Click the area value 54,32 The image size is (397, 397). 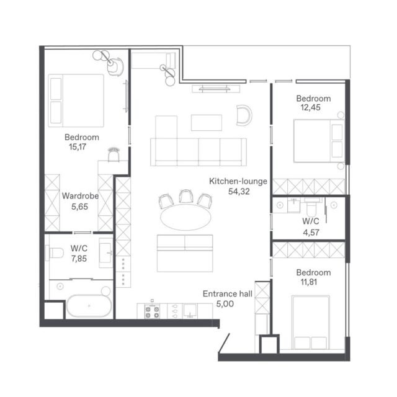pyautogui.click(x=239, y=192)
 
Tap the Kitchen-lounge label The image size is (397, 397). pyautogui.click(x=238, y=181)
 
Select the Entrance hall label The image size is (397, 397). pyautogui.click(x=228, y=293)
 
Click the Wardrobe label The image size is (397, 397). pyautogui.click(x=80, y=196)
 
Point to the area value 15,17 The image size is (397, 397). pyautogui.click(x=78, y=146)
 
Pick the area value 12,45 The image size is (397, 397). pyautogui.click(x=310, y=107)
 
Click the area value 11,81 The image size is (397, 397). pyautogui.click(x=309, y=282)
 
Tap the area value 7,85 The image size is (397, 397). pyautogui.click(x=79, y=259)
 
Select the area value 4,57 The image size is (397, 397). pyautogui.click(x=311, y=232)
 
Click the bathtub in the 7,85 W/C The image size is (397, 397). pyautogui.click(x=89, y=306)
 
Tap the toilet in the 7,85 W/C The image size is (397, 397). pyautogui.click(x=55, y=252)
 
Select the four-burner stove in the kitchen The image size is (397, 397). pyautogui.click(x=152, y=311)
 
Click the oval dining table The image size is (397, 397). pyautogui.click(x=185, y=218)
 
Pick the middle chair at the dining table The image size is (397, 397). pyautogui.click(x=186, y=196)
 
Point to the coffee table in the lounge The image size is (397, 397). pyautogui.click(x=207, y=123)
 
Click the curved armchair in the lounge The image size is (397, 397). pyautogui.click(x=244, y=115)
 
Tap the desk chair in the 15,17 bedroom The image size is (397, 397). pyautogui.click(x=114, y=154)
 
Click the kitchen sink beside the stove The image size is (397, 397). pyautogui.click(x=190, y=311)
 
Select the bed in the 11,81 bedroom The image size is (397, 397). pyautogui.click(x=311, y=322)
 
